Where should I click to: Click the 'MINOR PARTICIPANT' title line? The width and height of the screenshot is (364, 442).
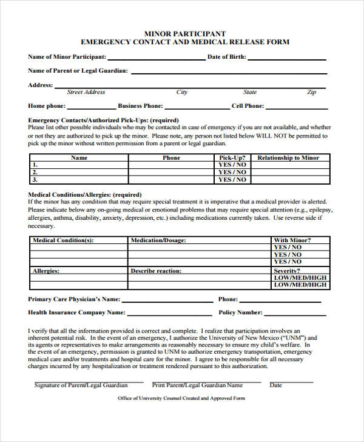184,33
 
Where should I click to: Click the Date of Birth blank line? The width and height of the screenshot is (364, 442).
287,59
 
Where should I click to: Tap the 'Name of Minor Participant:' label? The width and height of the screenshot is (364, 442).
67,57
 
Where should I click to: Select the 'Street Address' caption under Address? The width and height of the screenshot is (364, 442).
86,93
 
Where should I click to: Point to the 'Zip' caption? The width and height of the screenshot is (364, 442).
311,93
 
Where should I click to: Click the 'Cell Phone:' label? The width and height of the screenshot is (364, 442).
248,106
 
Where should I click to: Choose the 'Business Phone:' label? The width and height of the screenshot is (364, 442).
140,106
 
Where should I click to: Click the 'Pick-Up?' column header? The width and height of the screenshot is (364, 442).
232,158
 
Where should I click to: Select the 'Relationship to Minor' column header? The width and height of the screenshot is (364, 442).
288,158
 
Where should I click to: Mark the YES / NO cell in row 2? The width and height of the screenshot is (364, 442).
232,172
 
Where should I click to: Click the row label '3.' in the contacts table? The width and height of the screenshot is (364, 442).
35,180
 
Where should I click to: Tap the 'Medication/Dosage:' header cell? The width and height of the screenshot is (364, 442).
158,240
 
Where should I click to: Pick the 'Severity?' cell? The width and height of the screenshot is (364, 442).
287,271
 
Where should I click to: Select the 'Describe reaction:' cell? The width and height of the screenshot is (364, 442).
156,271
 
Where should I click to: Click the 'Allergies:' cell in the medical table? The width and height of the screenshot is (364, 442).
46,271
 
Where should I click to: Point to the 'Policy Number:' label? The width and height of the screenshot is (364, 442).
240,313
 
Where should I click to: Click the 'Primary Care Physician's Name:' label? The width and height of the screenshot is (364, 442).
74,299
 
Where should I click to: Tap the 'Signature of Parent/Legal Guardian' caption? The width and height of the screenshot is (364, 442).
81,385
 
